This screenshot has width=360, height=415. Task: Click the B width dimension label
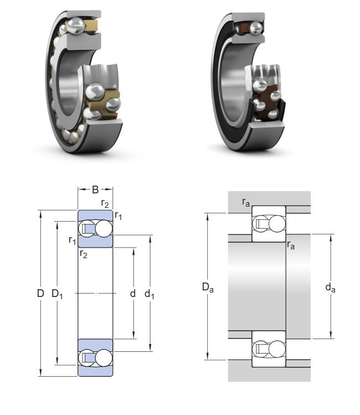coord(95,190)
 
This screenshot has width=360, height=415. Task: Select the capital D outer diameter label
coord(40,294)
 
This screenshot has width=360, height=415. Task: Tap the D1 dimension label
coord(58,294)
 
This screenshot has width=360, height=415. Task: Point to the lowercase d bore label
coord(133,294)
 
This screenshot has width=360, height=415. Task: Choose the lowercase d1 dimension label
coord(150,294)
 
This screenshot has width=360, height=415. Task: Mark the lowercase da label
coord(330,287)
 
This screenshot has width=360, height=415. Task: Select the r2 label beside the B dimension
coord(105,203)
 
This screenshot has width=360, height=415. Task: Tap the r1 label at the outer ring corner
coord(118,216)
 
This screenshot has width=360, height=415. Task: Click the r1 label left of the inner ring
coord(72,240)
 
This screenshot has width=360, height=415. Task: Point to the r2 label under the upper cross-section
coord(83,254)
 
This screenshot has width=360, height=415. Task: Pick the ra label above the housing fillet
coord(246,203)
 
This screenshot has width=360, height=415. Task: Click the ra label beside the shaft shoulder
coord(291,245)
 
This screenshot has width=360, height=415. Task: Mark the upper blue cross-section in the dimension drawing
coord(95,228)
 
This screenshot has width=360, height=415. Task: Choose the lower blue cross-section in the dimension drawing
coord(95,357)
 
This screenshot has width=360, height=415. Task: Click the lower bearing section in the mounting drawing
coord(269,349)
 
